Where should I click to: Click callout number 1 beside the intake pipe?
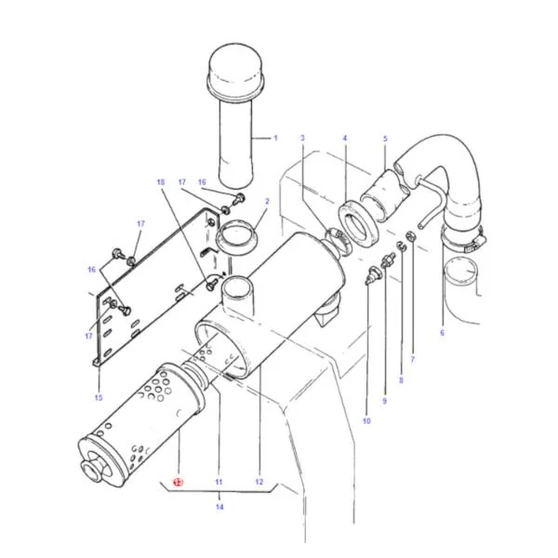275,138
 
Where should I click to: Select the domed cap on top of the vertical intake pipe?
236,71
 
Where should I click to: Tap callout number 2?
267,202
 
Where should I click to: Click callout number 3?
302,138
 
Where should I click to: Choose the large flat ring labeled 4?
358,224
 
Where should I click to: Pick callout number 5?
385,139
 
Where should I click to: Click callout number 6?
442,333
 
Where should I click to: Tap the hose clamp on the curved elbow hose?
463,240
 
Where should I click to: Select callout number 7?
412,359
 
